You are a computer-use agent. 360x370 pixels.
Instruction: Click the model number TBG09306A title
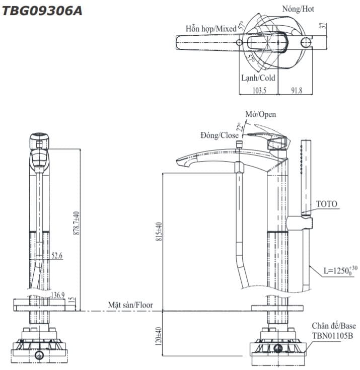pos(42,11)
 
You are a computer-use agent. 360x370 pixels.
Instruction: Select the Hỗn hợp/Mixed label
pos(210,29)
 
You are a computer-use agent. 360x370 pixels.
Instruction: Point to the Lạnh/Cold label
pos(258,78)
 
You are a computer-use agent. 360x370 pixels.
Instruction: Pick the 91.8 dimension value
pos(297,90)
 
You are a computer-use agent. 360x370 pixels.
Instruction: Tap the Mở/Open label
pos(260,114)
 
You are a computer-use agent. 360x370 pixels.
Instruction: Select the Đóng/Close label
pos(219,135)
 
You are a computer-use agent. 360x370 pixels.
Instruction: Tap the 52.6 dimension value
pos(56,256)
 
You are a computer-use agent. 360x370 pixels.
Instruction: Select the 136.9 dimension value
pos(57,294)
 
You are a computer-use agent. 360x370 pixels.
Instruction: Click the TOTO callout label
pos(327,204)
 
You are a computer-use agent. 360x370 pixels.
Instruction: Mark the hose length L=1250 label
pos(340,271)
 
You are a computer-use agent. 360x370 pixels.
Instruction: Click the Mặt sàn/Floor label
pos(130,305)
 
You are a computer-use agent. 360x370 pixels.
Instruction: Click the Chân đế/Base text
pos(333,326)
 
